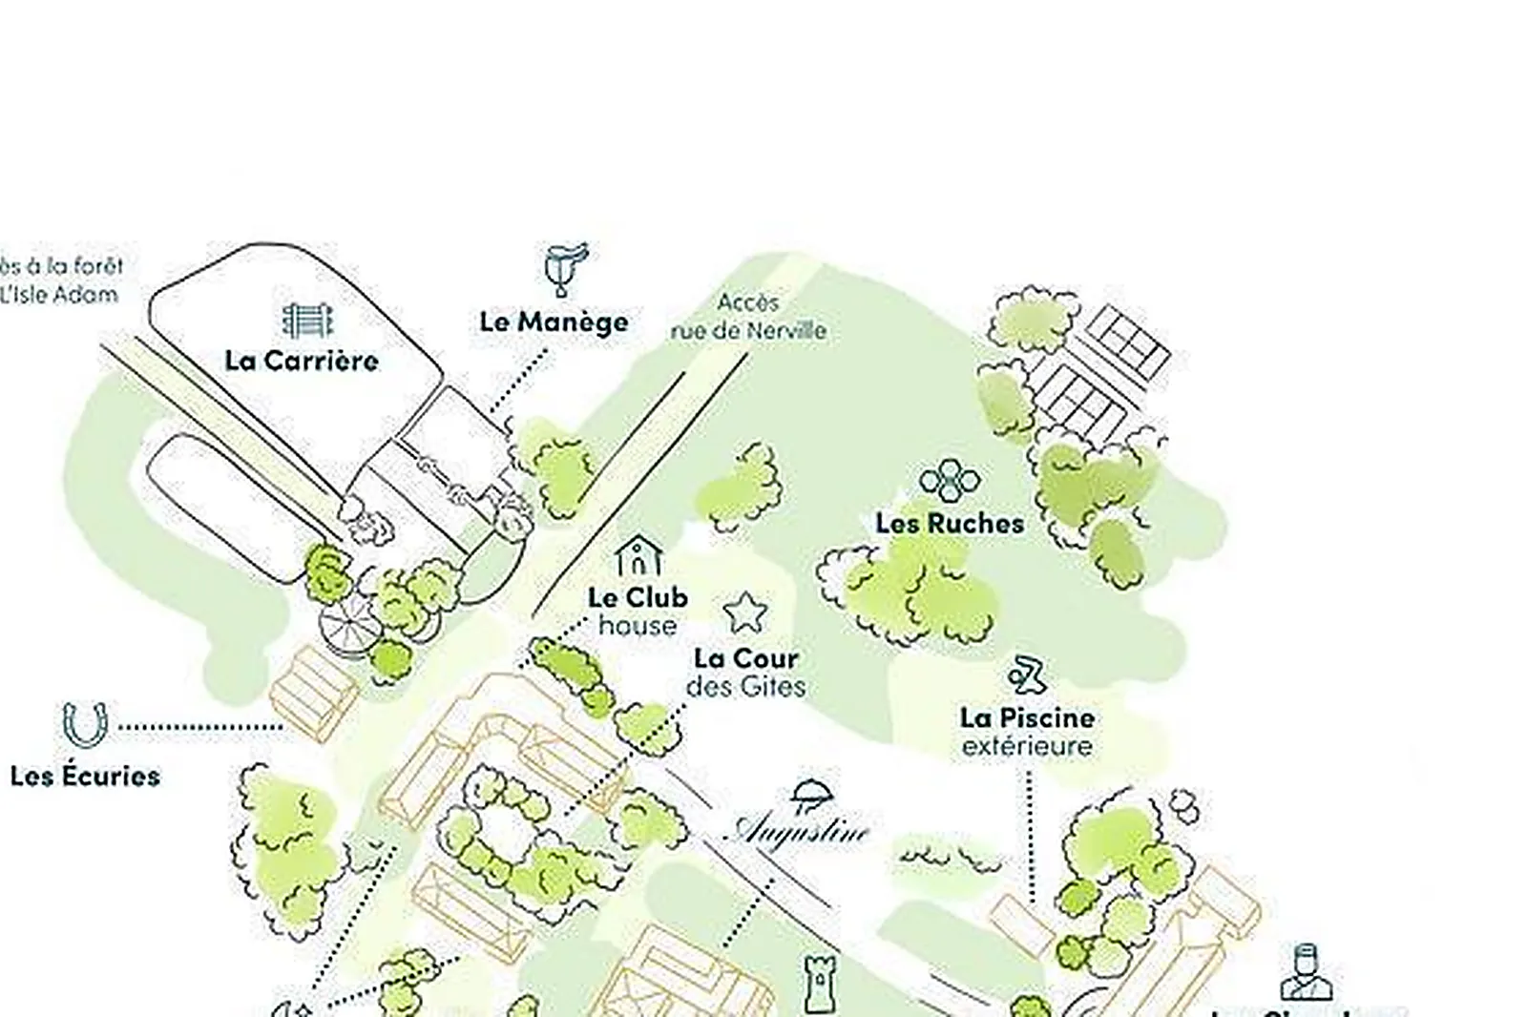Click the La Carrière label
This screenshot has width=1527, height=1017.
pos(302,361)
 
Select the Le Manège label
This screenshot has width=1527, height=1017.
pos(554,322)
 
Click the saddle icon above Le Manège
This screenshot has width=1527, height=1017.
pos(565,268)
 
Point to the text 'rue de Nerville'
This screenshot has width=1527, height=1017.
pos(748,331)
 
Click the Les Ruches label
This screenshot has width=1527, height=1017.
pos(950,523)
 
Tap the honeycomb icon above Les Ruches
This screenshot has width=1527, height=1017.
pos(950,481)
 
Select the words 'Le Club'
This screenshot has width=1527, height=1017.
pos(638,597)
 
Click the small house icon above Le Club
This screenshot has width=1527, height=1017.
pos(638,555)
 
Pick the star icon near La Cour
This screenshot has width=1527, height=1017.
pos(745,612)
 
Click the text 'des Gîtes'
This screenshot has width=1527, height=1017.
pos(745,686)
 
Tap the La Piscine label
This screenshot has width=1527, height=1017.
pos(1027,717)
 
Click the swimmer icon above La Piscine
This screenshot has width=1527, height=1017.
pos(1027,675)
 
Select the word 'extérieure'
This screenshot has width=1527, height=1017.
pos(1027,745)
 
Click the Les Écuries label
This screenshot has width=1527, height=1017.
pos(85,776)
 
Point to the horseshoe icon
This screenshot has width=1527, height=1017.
pos(84,724)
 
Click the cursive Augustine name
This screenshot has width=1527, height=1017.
pos(800,830)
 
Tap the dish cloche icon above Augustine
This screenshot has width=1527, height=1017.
pos(810,795)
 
